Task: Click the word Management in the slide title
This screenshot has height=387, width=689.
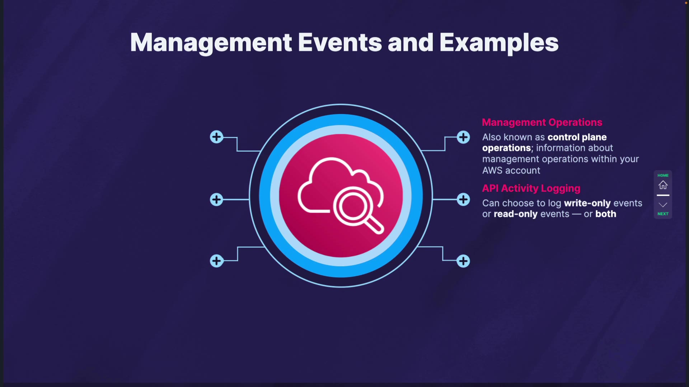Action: (211, 43)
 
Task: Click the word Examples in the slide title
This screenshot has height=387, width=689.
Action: (499, 43)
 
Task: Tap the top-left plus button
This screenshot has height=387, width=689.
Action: (216, 137)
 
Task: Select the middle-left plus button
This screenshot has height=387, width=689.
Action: (216, 200)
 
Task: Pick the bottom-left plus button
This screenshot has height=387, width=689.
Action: (216, 261)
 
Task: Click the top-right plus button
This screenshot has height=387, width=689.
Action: (463, 137)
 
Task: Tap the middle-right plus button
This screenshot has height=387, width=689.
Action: (463, 200)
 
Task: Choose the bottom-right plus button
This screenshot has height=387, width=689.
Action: (463, 261)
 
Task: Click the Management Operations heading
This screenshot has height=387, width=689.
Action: (542, 123)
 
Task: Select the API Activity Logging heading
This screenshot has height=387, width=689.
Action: (531, 188)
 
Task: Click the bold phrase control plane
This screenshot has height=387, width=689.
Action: (577, 137)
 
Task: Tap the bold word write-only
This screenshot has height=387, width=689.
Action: (587, 203)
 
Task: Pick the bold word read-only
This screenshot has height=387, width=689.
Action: (515, 214)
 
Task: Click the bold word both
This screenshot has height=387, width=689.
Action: (606, 214)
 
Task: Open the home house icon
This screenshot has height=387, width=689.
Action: (663, 185)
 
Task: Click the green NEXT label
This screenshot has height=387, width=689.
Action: (663, 214)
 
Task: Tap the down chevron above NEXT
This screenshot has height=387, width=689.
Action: (663, 205)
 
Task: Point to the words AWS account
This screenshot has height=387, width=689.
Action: (511, 171)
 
